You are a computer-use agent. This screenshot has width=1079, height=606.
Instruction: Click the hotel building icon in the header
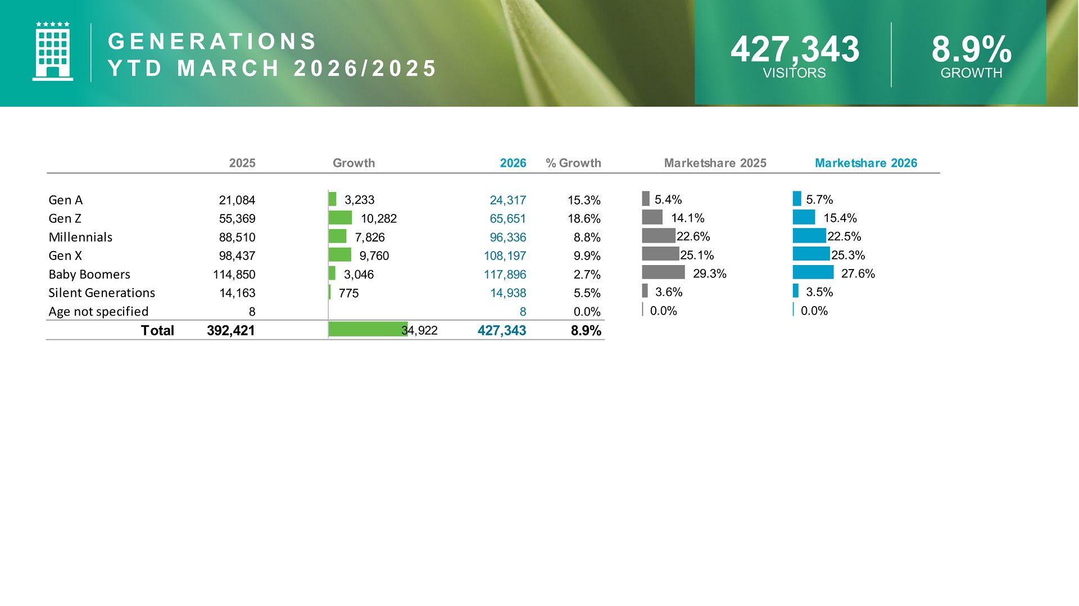point(52,52)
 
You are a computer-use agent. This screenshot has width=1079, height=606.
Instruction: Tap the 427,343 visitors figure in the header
point(794,49)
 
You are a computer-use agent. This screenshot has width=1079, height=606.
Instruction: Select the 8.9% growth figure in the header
point(971,49)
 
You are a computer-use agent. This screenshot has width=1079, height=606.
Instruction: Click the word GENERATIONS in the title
point(212,42)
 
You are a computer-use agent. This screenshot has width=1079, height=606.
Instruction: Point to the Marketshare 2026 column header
point(865,163)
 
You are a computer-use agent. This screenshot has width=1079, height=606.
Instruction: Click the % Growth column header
point(573,163)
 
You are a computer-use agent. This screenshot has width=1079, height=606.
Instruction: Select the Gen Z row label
point(65,218)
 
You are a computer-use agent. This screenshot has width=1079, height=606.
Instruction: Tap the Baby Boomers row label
point(89,274)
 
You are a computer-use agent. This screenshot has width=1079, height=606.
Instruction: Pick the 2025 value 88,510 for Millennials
point(237,237)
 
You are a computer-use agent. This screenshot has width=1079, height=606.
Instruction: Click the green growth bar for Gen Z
point(340,218)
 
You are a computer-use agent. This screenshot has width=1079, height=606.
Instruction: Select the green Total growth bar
point(368,330)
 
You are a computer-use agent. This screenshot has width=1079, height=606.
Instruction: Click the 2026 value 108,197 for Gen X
point(505,256)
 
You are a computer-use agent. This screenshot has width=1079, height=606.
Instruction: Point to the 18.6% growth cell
point(584,218)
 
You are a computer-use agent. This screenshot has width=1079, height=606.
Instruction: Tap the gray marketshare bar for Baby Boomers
point(663,272)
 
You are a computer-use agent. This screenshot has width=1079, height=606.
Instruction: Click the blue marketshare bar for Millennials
point(809,235)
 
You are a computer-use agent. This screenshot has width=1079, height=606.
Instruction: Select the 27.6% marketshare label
point(858,274)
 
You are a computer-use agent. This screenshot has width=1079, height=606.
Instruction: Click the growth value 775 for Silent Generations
point(348,293)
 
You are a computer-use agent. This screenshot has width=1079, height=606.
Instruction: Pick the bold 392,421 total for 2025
point(230,330)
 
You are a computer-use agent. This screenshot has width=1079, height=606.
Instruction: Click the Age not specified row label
point(98,311)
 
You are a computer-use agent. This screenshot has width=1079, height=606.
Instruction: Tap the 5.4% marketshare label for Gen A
point(668,199)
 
